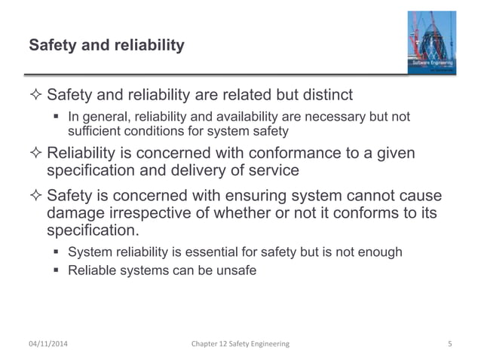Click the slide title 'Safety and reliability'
click(x=106, y=46)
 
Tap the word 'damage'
click(x=75, y=213)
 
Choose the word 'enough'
click(x=379, y=252)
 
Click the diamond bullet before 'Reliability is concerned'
click(x=35, y=154)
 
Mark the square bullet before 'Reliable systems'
click(x=57, y=270)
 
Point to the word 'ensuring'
click(x=244, y=196)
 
